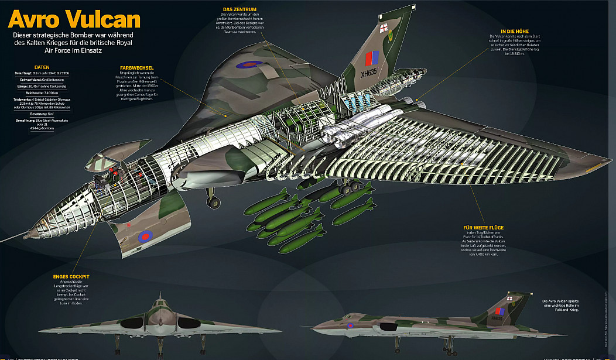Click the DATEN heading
pos(42,67)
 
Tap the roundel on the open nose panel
pos(145,237)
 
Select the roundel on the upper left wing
pos(250,64)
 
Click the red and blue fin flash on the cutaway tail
pos(371,59)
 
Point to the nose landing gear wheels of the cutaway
pos(212,202)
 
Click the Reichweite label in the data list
pos(26,92)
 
